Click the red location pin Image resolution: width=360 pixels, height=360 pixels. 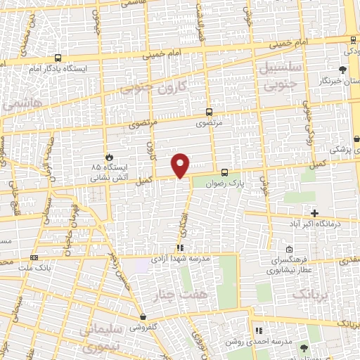[181, 165]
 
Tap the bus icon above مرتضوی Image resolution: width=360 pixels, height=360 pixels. [210, 111]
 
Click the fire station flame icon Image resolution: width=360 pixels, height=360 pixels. [108, 157]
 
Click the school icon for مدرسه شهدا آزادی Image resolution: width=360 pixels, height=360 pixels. [180, 248]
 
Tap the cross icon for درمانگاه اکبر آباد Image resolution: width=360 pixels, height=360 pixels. [314, 213]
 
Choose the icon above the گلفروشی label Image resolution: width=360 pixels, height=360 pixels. [143, 317]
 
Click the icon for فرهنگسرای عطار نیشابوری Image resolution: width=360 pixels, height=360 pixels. [290, 250]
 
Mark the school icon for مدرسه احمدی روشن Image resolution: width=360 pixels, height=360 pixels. [258, 330]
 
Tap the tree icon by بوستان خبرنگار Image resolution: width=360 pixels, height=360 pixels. [342, 69]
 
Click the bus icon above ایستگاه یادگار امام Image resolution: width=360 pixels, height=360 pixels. [56, 58]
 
